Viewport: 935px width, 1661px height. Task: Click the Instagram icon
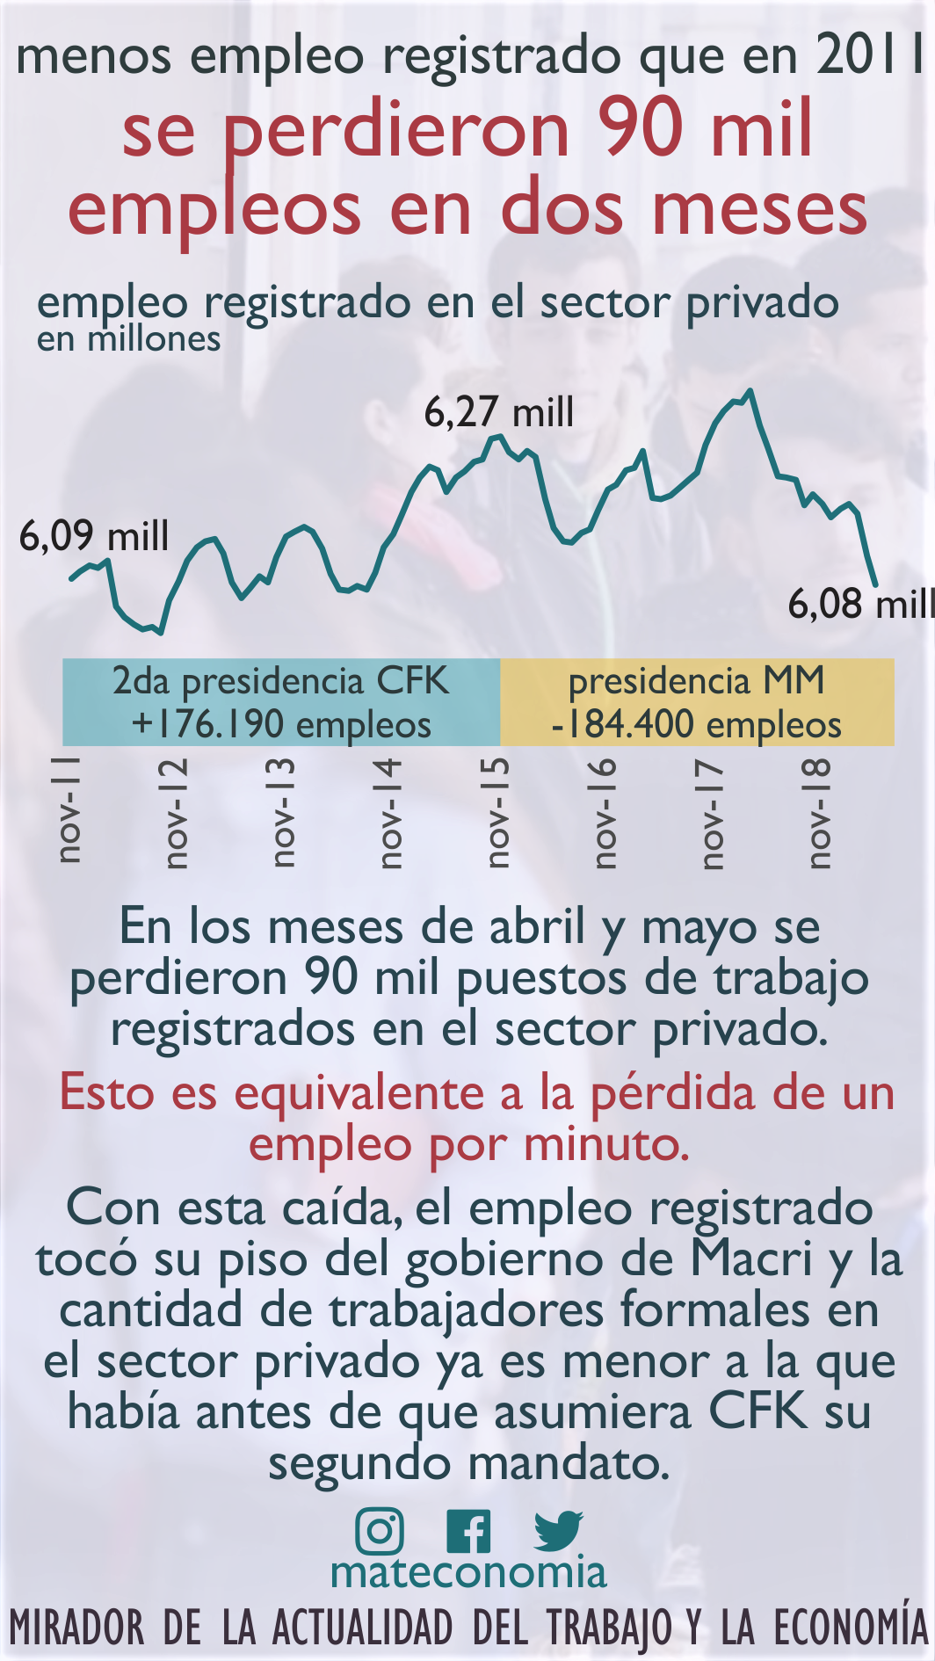pyautogui.click(x=380, y=1531)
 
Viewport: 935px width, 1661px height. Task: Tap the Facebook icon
pyautogui.click(x=468, y=1532)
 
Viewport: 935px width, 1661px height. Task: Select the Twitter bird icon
pyautogui.click(x=558, y=1531)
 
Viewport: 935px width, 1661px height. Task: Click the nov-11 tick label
pyautogui.click(x=69, y=809)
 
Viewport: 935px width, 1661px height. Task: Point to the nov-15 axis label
pyautogui.click(x=497, y=813)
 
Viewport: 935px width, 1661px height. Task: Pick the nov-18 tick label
pyautogui.click(x=818, y=813)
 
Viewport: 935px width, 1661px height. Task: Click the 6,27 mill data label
pyautogui.click(x=499, y=412)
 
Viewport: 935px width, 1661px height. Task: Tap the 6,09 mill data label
pyautogui.click(x=94, y=536)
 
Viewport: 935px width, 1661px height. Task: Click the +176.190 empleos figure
pyautogui.click(x=281, y=725)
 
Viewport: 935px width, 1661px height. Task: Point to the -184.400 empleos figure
pyautogui.click(x=696, y=725)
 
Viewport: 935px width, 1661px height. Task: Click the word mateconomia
pyautogui.click(x=468, y=1572)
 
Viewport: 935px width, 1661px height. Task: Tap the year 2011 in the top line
pyautogui.click(x=870, y=56)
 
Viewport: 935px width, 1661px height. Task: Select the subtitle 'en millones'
pyautogui.click(x=128, y=339)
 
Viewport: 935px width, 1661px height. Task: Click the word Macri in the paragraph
pyautogui.click(x=751, y=1258)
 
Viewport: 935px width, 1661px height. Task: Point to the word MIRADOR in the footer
pyautogui.click(x=77, y=1628)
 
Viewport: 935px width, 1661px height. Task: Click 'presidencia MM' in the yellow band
pyautogui.click(x=696, y=681)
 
